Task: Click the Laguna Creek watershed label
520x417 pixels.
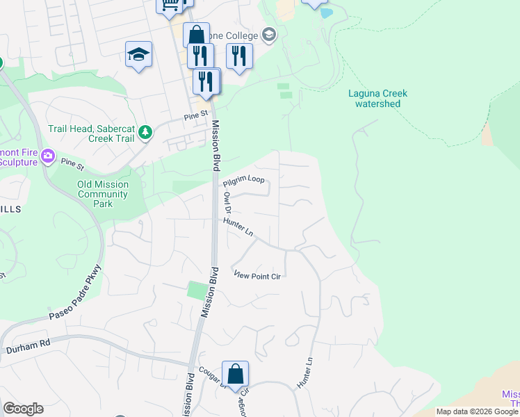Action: (377, 99)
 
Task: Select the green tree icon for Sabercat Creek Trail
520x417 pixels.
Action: (145, 131)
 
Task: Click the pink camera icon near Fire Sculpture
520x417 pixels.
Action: (48, 156)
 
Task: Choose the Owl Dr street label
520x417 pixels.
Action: (227, 203)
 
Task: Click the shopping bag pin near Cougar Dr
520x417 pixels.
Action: (236, 373)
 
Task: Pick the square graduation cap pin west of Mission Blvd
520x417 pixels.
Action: (138, 55)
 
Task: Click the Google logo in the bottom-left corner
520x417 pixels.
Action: (23, 409)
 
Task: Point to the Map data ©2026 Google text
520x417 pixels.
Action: (477, 411)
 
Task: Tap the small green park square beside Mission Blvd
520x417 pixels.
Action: (197, 291)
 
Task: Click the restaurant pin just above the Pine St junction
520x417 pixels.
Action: (206, 81)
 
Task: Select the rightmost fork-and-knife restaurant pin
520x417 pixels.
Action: (238, 56)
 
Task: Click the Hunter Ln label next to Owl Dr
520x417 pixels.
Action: (238, 226)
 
